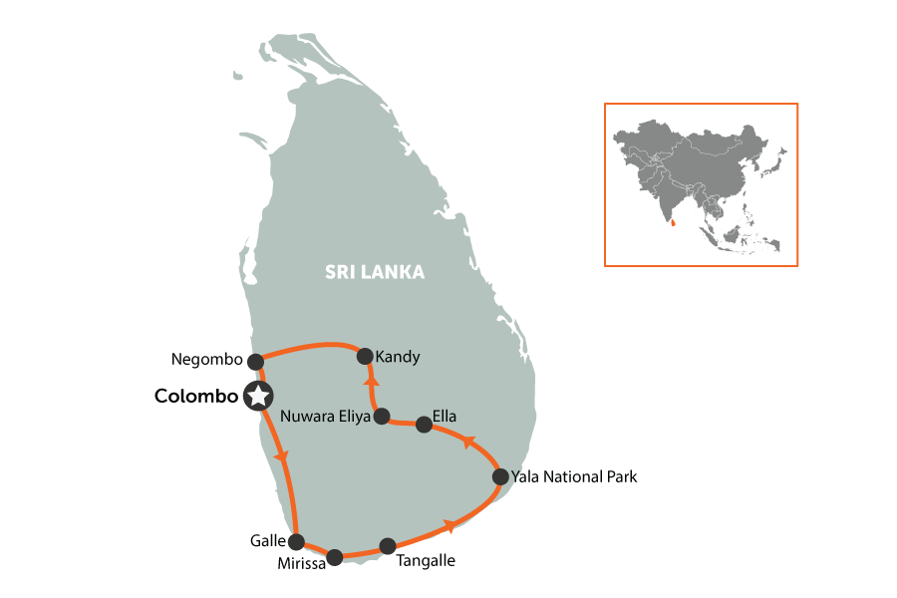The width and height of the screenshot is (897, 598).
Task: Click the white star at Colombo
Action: [x=259, y=396]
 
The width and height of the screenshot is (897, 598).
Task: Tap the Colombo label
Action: [x=196, y=396]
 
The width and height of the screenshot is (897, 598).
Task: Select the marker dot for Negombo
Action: [x=255, y=361]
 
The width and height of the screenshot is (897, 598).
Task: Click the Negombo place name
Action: [x=207, y=360]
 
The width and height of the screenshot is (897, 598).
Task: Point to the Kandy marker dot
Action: [x=365, y=356]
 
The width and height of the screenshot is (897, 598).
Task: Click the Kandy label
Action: [x=399, y=356]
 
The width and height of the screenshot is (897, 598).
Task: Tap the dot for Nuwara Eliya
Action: [x=381, y=418]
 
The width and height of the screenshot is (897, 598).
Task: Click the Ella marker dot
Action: [x=424, y=425]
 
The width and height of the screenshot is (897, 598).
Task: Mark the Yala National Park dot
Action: [x=500, y=477]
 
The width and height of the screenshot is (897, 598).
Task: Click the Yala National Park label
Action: [x=573, y=477]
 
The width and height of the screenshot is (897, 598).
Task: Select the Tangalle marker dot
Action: [x=388, y=546]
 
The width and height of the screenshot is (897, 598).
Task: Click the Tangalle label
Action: [x=426, y=561]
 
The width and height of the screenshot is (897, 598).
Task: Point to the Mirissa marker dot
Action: [x=335, y=556]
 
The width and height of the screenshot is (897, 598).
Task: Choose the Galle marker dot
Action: [x=296, y=542]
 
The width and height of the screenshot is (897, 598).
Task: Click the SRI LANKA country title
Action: [x=375, y=272]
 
